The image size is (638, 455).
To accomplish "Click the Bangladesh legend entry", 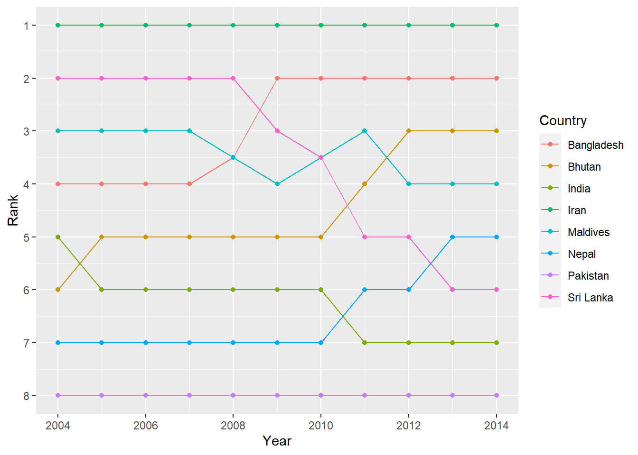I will [595, 145].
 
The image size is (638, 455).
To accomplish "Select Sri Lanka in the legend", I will [590, 298].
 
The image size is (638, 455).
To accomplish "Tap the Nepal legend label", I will [582, 254].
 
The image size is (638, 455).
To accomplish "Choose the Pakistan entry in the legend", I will [588, 276].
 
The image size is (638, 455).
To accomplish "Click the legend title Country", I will [563, 120].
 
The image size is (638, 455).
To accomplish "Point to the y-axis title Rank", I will [13, 210].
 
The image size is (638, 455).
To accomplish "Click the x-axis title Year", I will [277, 441].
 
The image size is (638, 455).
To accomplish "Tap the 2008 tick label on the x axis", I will [233, 426].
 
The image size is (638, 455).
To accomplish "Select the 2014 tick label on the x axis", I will [496, 426].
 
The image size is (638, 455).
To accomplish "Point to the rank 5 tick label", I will [27, 237].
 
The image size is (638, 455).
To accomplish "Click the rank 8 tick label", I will [27, 396].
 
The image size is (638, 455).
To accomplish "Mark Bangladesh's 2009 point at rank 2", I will [277, 78].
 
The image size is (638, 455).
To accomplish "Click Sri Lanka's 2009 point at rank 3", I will [277, 131].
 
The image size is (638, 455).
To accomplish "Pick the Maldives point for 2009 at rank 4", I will [277, 184].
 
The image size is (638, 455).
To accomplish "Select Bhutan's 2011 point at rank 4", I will [365, 184].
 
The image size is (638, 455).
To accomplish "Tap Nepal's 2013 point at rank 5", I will [452, 237].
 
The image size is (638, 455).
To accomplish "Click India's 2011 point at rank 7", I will [365, 343].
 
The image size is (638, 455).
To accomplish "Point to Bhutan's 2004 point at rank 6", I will [58, 290].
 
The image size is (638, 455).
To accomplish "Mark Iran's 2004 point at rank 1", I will [58, 25].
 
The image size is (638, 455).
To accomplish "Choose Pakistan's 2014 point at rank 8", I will [497, 395].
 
